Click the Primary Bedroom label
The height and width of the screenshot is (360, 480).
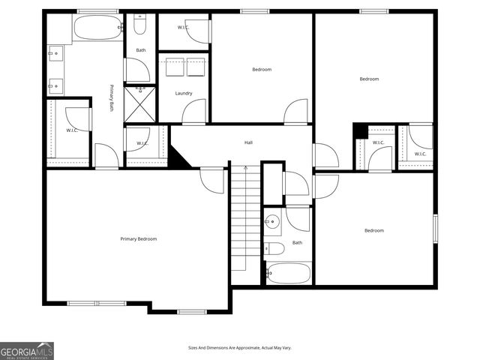point(139,238)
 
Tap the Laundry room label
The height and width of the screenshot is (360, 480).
point(184,93)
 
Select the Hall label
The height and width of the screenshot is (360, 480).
point(248,142)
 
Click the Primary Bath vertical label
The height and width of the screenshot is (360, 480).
point(112,97)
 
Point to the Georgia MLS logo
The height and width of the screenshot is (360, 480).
point(27,350)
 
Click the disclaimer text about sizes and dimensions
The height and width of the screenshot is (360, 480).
point(240,347)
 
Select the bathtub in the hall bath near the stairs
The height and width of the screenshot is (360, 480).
point(289,273)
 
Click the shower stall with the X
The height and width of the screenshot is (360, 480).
point(140,104)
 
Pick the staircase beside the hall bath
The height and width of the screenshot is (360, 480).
point(244,217)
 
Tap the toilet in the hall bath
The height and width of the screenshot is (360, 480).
point(274,248)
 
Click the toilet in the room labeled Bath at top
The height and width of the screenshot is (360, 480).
point(140,26)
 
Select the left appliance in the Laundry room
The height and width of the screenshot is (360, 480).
point(175,67)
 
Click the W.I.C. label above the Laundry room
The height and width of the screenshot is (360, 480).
point(184,27)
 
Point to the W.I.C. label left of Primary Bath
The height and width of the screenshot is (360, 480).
point(72,130)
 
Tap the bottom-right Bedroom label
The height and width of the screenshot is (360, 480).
point(374,230)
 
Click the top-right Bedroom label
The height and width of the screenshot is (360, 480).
point(369,79)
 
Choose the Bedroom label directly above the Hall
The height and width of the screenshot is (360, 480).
point(262,69)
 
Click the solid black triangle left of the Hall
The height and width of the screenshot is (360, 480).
point(177,158)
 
